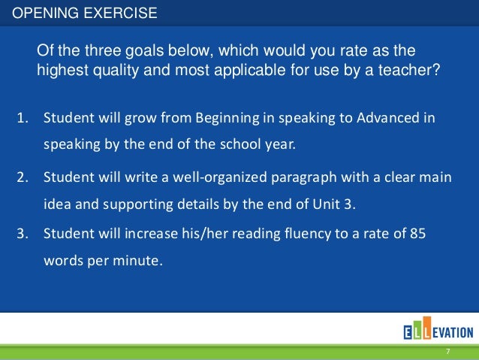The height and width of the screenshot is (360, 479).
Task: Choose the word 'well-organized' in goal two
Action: (223, 178)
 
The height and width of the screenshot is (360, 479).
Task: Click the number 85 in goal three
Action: (418, 234)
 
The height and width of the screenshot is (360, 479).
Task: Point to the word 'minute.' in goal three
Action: (140, 262)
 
